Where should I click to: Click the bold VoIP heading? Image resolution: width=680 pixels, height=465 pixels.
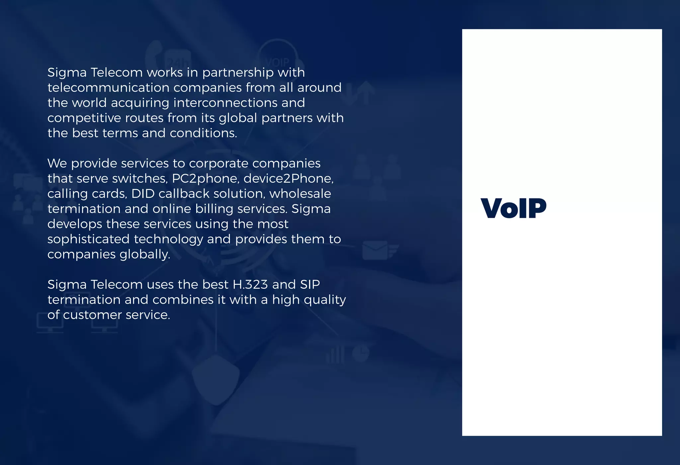coord(513,208)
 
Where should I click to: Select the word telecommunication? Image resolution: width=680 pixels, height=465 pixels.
coord(108,88)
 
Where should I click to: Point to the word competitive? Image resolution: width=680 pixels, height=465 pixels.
coord(84,118)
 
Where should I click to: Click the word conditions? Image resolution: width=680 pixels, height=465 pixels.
coord(203,133)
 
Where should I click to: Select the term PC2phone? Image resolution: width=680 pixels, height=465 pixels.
coord(205,179)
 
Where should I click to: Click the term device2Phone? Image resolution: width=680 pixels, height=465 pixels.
coord(288,179)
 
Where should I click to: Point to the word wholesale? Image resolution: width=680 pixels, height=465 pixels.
coord(300,194)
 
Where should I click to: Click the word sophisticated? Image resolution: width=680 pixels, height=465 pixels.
coord(88,239)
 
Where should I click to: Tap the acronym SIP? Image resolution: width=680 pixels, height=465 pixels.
coord(310,285)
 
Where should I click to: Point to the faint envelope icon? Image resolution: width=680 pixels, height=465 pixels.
coord(375,251)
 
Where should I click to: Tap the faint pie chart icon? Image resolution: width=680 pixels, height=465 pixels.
coord(361,353)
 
